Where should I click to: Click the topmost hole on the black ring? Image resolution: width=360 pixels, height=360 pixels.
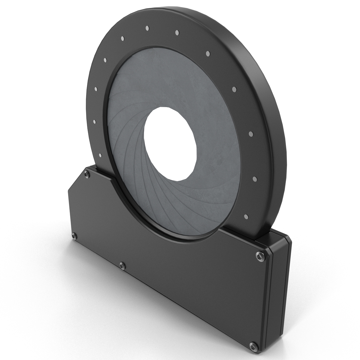(x=147, y=28)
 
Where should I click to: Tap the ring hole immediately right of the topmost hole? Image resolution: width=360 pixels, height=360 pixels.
(x=177, y=32)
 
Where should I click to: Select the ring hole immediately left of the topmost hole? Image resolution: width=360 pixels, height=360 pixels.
(x=122, y=38)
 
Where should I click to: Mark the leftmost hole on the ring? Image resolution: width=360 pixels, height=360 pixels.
(x=94, y=121)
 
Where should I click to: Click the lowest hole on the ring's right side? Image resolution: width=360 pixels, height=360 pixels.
(x=246, y=216)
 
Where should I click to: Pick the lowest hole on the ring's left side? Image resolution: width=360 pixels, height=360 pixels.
(x=100, y=155)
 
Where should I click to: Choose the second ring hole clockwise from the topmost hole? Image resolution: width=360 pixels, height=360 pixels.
(x=208, y=53)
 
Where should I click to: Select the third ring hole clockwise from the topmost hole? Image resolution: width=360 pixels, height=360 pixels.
(x=234, y=89)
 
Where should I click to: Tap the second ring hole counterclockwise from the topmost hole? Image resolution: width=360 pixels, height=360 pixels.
(x=105, y=60)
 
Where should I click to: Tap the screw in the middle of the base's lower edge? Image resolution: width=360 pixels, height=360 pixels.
(x=121, y=265)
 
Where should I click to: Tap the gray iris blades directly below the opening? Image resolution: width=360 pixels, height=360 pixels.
(x=168, y=204)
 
